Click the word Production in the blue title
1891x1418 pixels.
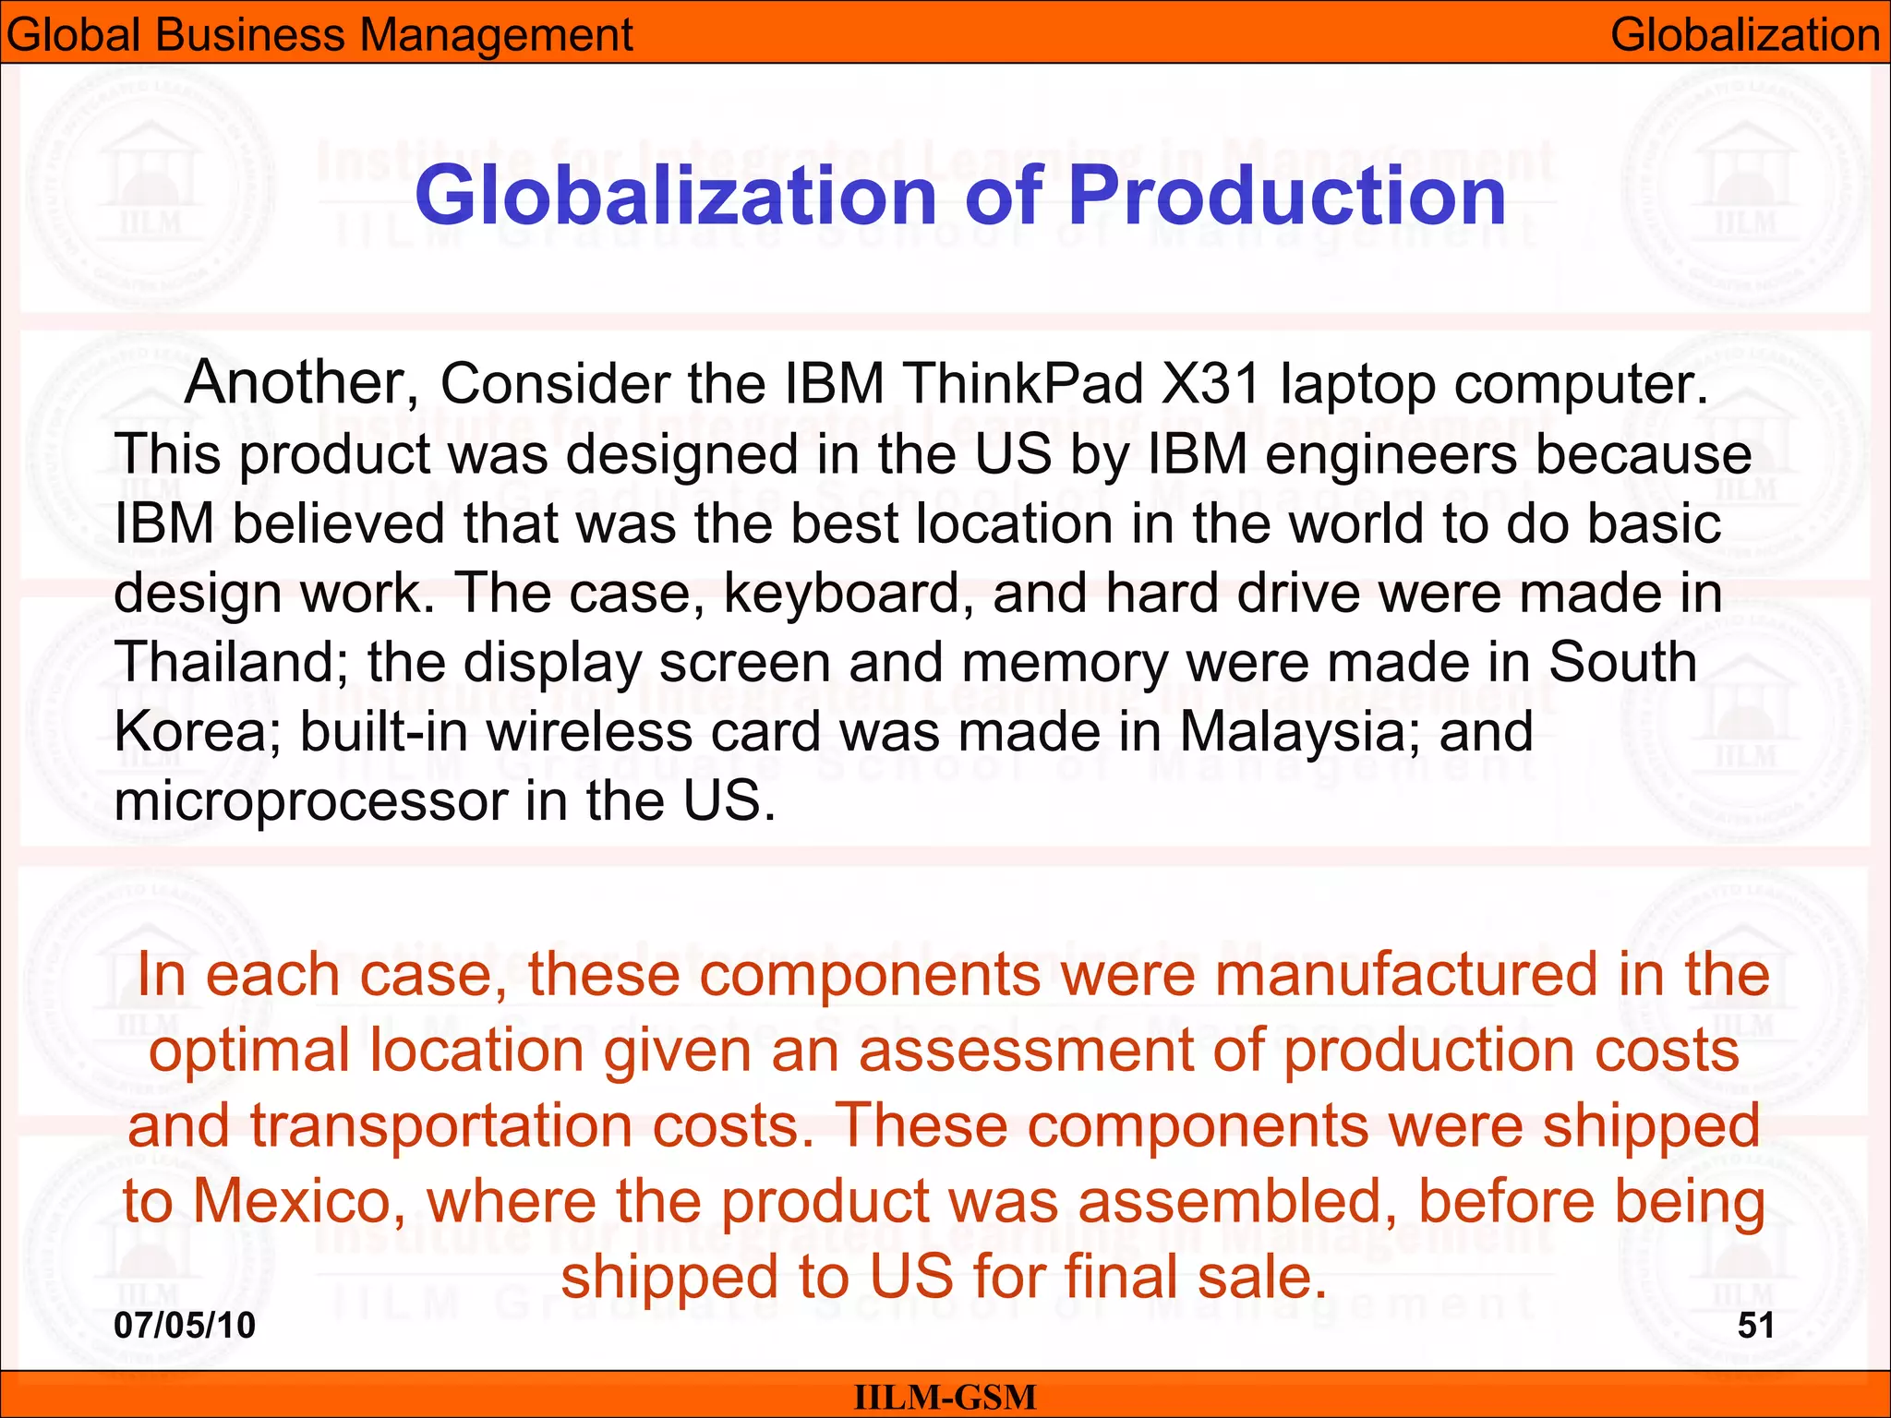(x=1286, y=196)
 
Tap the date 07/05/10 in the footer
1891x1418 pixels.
(x=185, y=1326)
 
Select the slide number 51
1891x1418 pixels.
(x=1755, y=1326)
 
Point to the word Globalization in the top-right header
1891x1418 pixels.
(x=1745, y=35)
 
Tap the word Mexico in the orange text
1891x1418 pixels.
(x=299, y=1202)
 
